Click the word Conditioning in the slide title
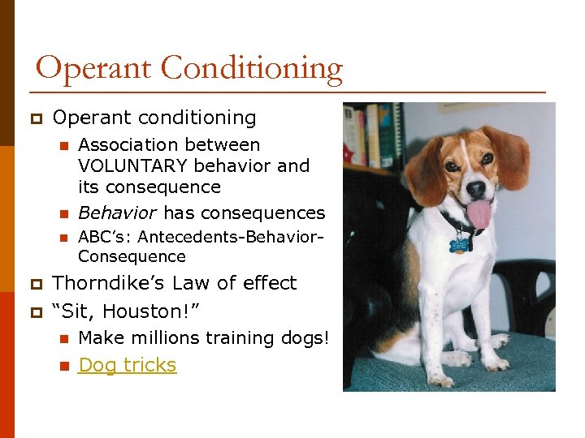(x=252, y=69)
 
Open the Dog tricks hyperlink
(x=127, y=365)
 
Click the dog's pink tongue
(x=479, y=214)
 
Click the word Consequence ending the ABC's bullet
(x=132, y=256)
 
